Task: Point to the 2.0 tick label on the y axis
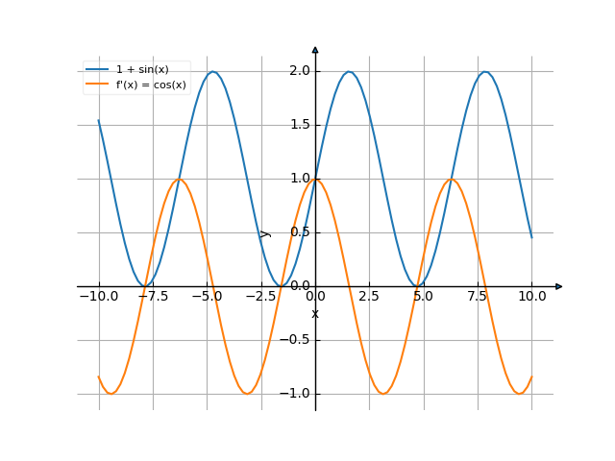point(299,71)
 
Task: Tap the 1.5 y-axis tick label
point(299,125)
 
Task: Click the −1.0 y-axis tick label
point(296,394)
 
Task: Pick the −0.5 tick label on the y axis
point(296,340)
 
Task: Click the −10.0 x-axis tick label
point(99,297)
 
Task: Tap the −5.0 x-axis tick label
point(207,297)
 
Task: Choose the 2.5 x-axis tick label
point(370,297)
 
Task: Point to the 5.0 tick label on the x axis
point(424,297)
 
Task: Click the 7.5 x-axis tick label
point(478,297)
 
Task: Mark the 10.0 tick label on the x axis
point(531,297)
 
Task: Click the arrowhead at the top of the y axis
point(315,49)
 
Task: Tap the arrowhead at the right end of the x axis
point(558,286)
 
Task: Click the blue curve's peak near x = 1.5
point(350,71)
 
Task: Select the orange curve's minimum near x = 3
point(383,394)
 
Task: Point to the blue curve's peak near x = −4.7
point(213,71)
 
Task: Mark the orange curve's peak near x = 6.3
point(452,179)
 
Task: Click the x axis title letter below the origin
point(315,314)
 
